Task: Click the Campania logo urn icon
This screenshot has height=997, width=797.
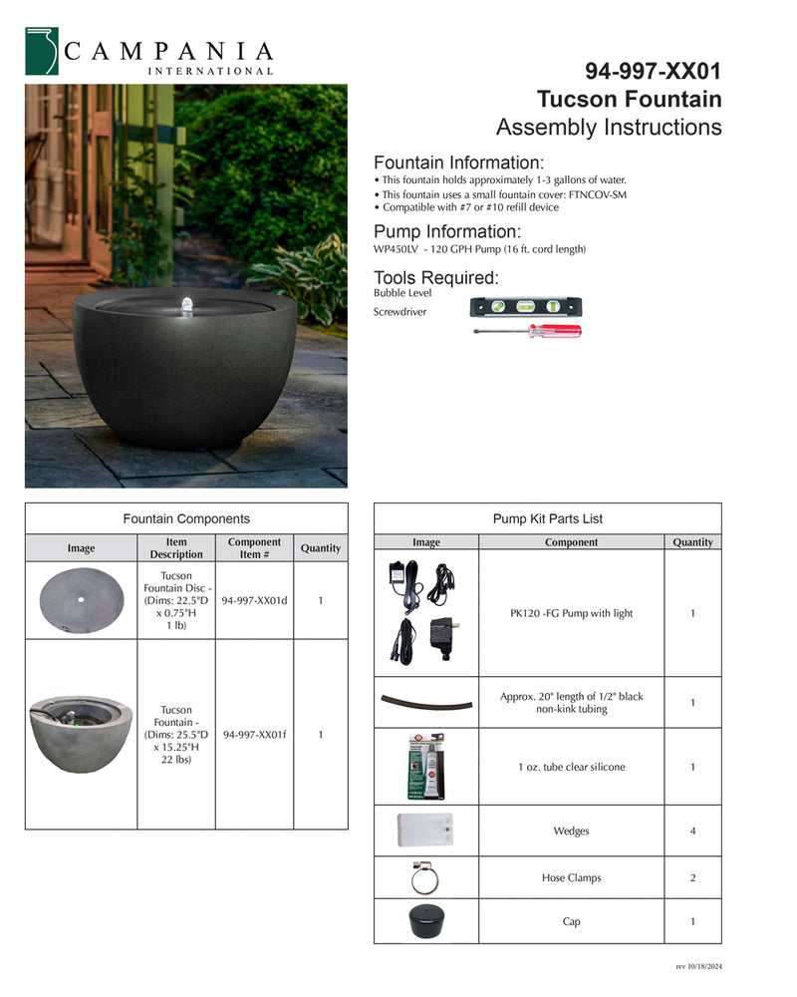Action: [x=42, y=51]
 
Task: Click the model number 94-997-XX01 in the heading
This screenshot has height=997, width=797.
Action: [x=653, y=72]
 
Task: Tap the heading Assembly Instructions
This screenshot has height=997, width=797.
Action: [x=609, y=128]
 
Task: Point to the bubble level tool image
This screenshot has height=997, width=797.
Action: [x=525, y=307]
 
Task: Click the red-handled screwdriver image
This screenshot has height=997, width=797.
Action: [x=528, y=331]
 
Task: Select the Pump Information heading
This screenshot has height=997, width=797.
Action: [x=446, y=232]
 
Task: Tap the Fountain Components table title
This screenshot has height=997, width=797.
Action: [x=186, y=519]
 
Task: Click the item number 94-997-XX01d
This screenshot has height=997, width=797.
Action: [x=254, y=601]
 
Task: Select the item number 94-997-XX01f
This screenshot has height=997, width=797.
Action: [x=254, y=735]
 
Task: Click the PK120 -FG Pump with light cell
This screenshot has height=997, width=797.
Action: [x=571, y=613]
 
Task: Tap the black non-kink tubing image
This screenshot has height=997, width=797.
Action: [x=425, y=702]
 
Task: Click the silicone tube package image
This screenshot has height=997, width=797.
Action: [x=425, y=767]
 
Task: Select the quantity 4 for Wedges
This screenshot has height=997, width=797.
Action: [x=692, y=831]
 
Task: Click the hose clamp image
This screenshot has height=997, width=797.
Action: [x=425, y=878]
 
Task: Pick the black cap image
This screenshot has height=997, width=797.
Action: [x=425, y=922]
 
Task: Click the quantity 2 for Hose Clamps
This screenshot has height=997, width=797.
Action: [x=692, y=878]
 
